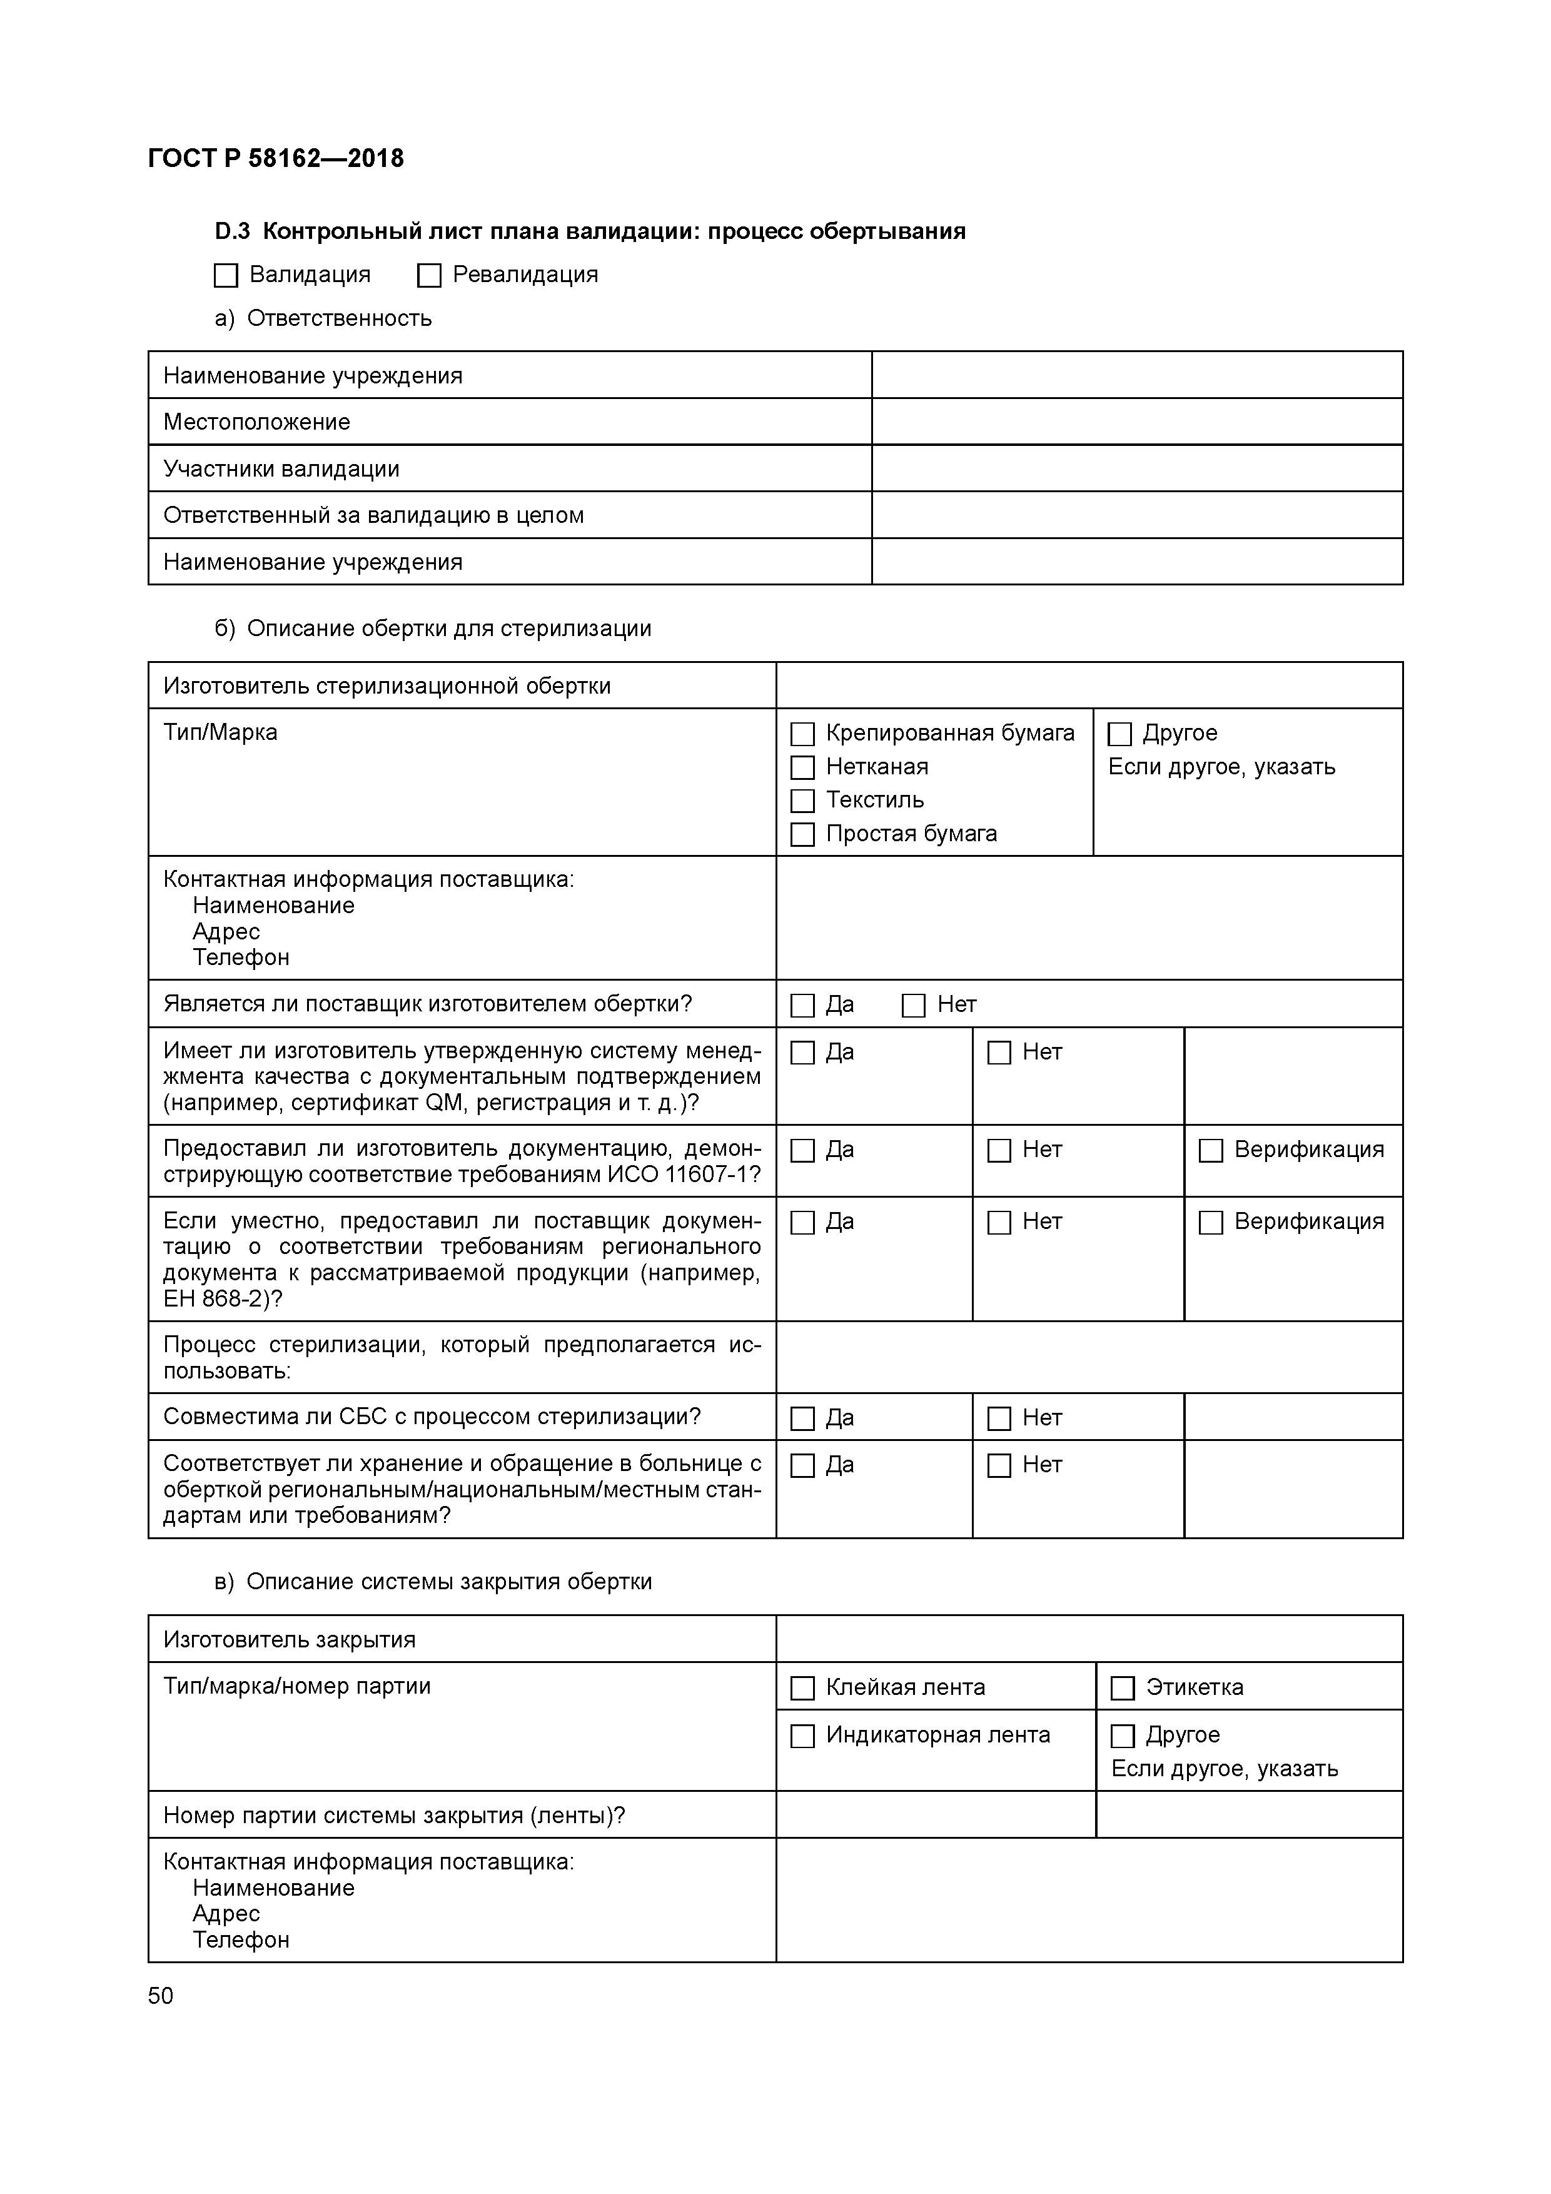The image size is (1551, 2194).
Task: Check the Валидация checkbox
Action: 226,275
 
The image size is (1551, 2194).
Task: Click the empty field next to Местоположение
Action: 1136,422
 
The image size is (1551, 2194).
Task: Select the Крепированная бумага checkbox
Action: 803,734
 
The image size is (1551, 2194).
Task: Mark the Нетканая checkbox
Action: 803,767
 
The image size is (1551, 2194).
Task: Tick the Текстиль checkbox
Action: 803,801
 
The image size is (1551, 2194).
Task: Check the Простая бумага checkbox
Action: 803,834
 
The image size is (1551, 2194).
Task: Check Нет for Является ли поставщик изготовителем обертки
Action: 914,1005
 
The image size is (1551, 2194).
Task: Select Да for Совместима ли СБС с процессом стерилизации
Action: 803,1418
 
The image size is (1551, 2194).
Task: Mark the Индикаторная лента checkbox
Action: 803,1736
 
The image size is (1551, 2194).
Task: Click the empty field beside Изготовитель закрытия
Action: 1088,1640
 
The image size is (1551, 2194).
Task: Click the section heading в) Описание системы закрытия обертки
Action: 433,1582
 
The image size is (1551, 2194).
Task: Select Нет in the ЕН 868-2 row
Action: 999,1222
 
